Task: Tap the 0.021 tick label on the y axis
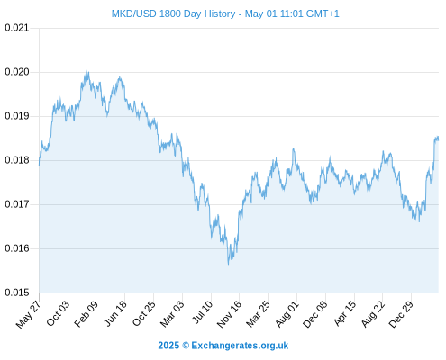17,28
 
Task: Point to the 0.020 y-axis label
17,72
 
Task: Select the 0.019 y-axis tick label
17,116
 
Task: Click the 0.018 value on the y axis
17,160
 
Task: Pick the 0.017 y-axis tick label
17,204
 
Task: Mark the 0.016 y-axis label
17,248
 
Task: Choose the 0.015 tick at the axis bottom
17,292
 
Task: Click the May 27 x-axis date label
28,314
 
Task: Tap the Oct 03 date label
58,313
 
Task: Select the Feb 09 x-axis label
86,313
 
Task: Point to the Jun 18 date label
115,313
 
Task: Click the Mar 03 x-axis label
172,313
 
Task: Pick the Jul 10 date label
202,312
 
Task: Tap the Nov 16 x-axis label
229,314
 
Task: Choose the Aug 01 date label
287,314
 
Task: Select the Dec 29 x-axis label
401,314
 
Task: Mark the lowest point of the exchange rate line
228,265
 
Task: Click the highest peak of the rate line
87,71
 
